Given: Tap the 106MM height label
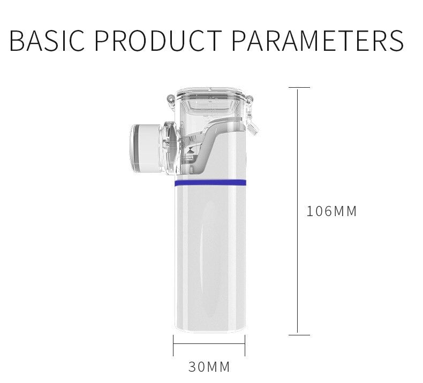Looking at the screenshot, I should click(331, 211).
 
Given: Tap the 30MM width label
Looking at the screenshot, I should click(209, 367).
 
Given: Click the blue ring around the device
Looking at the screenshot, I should click(209, 183).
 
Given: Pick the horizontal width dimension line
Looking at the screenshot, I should click(209, 345).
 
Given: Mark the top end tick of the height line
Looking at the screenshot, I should click(298, 87).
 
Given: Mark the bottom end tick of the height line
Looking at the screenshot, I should click(298, 335).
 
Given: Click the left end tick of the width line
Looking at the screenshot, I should click(173, 345).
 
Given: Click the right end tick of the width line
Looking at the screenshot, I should click(245, 345).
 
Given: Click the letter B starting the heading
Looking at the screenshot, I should click(18, 41).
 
